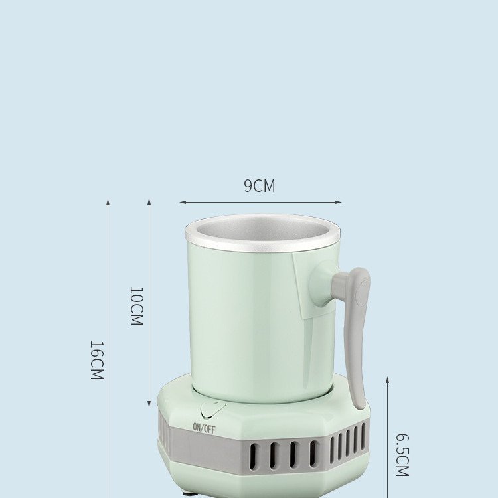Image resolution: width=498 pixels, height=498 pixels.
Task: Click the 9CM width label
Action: click(259, 186)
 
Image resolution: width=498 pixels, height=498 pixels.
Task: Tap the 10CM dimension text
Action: click(135, 305)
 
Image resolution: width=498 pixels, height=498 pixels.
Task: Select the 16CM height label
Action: click(97, 361)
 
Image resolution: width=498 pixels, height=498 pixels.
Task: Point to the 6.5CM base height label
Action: click(402, 455)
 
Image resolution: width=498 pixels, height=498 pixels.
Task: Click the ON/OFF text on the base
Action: click(204, 428)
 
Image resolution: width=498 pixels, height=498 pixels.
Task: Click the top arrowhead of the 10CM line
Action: click(149, 201)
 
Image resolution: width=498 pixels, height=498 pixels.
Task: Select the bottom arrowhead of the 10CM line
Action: click(149, 404)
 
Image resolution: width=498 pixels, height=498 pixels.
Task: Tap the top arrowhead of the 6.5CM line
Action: click(388, 380)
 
